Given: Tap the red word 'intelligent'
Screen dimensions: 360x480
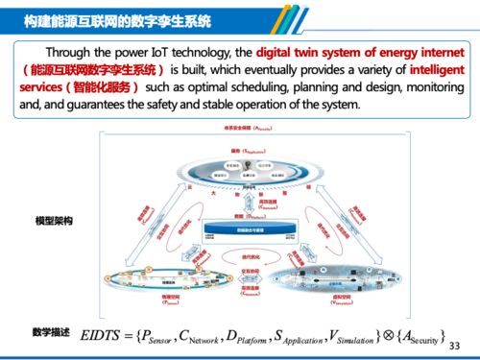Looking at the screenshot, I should tap(437, 70).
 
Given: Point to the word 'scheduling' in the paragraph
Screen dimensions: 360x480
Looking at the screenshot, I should tap(244, 87).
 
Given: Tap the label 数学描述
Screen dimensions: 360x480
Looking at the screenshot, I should tap(50, 331).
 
